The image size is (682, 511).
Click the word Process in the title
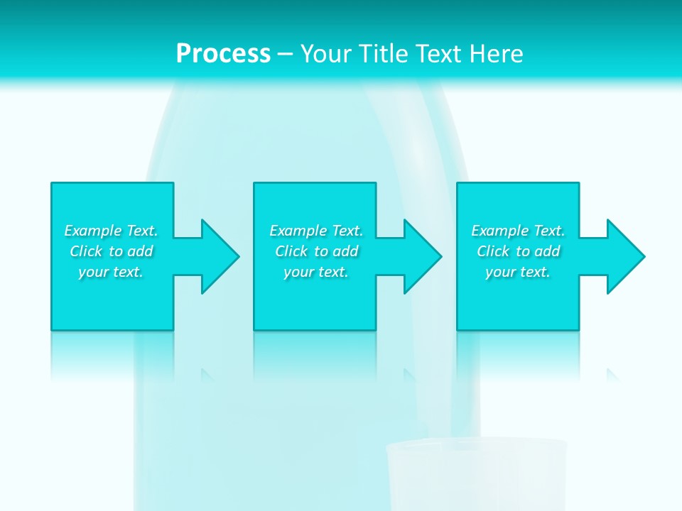[x=223, y=54]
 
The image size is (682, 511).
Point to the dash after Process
[x=285, y=55]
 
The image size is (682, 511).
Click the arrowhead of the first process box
[x=220, y=256]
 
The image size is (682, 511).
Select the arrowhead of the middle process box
[x=422, y=256]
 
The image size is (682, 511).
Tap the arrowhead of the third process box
[x=624, y=256]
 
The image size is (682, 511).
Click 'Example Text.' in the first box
[x=111, y=231]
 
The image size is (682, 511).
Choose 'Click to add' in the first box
[x=112, y=251]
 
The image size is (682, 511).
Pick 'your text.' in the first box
[x=111, y=272]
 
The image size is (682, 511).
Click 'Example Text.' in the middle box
[x=316, y=231]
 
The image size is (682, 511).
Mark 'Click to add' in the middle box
[x=317, y=251]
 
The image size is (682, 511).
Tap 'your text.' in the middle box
[x=316, y=272]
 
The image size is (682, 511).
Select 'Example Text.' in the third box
[x=518, y=231]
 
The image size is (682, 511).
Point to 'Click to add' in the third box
[x=519, y=251]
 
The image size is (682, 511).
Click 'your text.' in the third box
[x=518, y=272]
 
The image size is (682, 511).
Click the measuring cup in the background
[x=476, y=476]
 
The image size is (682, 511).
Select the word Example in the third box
[x=500, y=231]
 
